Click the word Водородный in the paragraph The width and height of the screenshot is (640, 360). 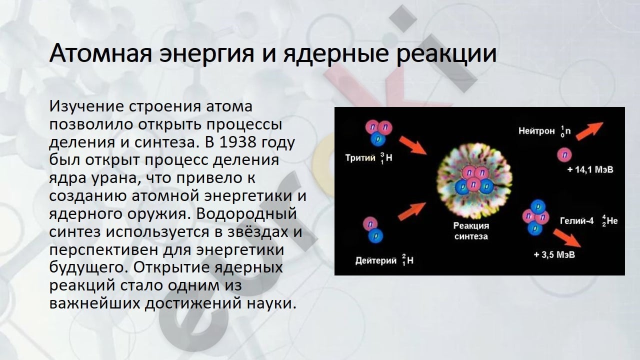click(246, 213)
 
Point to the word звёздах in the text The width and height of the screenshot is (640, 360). click(255, 231)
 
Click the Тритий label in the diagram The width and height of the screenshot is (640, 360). click(360, 157)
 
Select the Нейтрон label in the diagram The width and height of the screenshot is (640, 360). click(536, 131)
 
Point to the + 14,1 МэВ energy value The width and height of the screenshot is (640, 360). click(590, 169)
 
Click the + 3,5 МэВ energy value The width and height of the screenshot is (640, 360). click(554, 254)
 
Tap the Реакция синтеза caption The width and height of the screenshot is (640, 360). click(471, 231)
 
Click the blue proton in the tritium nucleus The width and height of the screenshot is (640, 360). click(378, 139)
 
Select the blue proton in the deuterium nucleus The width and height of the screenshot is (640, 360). click(375, 236)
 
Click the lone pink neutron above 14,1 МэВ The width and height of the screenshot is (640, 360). click(564, 155)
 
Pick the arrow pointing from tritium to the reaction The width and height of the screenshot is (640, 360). click(413, 145)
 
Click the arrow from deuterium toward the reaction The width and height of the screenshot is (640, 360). click(411, 211)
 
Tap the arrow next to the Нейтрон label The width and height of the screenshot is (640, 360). click(589, 131)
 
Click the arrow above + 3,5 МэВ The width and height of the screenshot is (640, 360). click(567, 238)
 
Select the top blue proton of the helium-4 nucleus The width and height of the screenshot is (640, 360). click(538, 206)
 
